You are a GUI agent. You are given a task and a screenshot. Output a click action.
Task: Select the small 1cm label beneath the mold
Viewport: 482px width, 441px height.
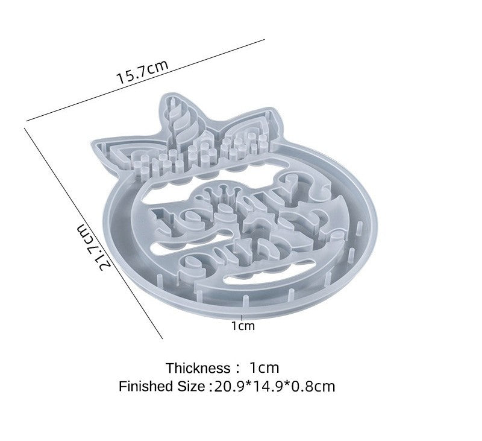(x=243, y=326)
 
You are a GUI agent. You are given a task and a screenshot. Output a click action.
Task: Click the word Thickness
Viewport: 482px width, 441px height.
(x=198, y=368)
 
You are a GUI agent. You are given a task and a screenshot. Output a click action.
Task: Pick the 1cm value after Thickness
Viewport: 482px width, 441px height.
(x=264, y=368)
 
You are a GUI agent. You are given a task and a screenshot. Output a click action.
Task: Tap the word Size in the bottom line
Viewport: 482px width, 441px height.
(x=191, y=386)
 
